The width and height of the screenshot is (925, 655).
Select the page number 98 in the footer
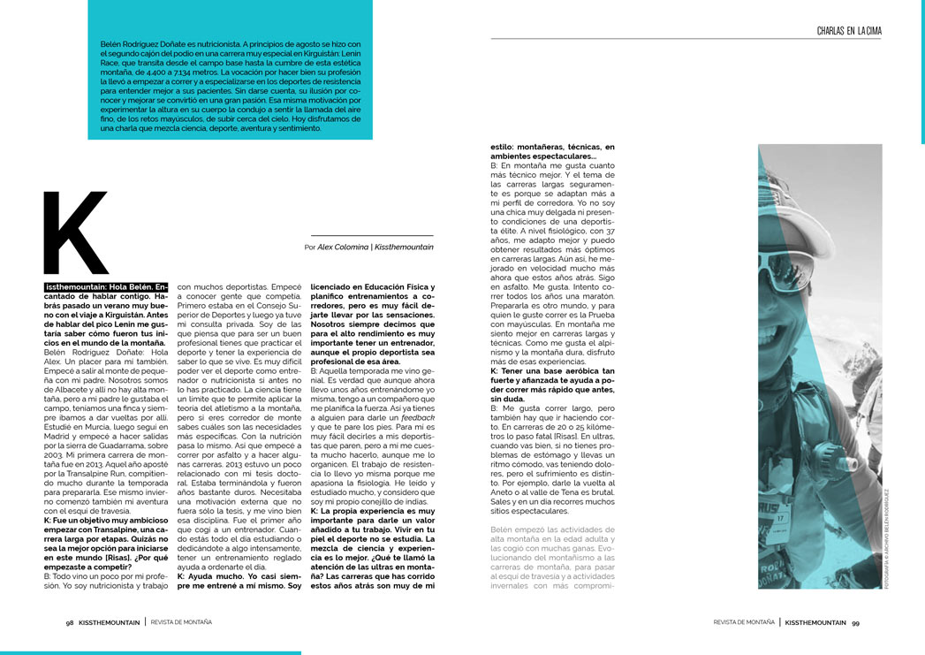point(70,622)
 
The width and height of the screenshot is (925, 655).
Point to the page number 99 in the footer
point(855,622)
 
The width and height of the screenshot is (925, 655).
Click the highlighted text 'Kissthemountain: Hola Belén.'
point(106,287)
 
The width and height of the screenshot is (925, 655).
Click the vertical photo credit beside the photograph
point(886,539)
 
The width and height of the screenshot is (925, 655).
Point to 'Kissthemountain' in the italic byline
point(404,248)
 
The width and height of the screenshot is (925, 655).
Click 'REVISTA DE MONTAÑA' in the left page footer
point(181,622)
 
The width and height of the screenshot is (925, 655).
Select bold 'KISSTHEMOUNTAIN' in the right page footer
point(816,622)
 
